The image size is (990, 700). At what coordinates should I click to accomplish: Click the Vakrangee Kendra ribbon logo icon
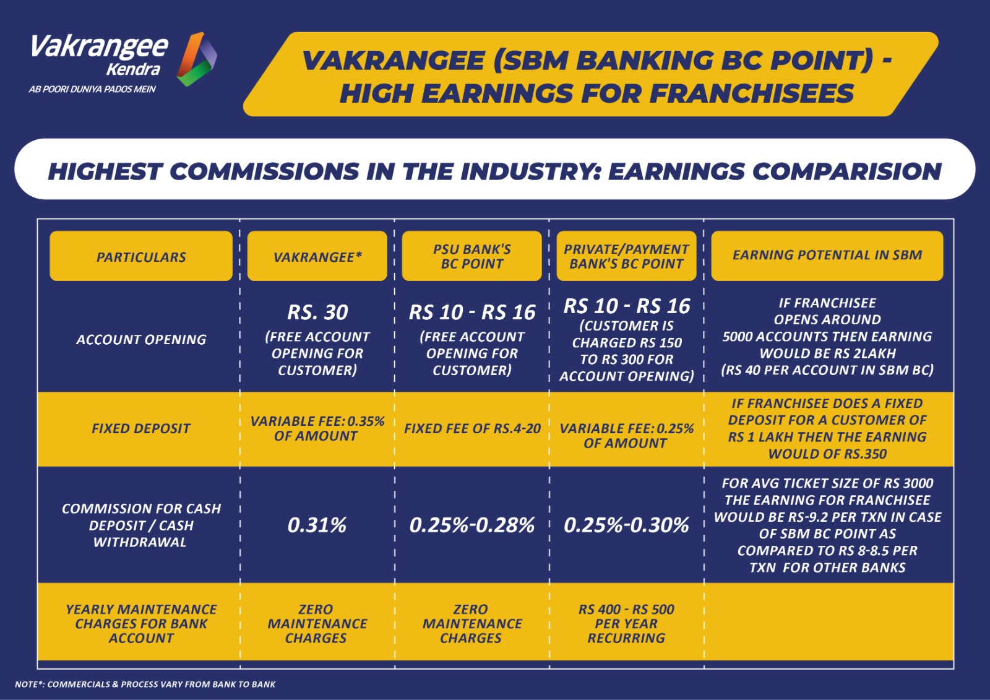pyautogui.click(x=197, y=59)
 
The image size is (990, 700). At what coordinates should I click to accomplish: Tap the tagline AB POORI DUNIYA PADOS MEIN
pyautogui.click(x=92, y=89)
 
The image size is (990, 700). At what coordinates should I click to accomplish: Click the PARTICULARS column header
pyautogui.click(x=141, y=256)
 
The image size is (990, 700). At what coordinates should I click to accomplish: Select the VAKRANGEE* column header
pyautogui.click(x=317, y=256)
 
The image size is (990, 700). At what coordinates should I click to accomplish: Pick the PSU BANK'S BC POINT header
pyautogui.click(x=471, y=256)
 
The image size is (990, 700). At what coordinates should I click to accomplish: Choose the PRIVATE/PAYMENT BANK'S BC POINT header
pyautogui.click(x=626, y=256)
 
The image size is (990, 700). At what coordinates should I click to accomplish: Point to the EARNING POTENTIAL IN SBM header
pyautogui.click(x=827, y=255)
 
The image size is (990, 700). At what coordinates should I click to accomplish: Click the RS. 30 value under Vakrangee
pyautogui.click(x=317, y=312)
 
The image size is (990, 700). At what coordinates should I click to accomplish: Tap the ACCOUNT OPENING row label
pyautogui.click(x=141, y=340)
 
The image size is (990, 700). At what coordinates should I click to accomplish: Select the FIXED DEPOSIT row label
pyautogui.click(x=141, y=428)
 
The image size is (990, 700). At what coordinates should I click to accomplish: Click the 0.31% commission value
pyautogui.click(x=317, y=525)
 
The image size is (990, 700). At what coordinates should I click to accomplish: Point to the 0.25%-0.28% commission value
pyautogui.click(x=471, y=525)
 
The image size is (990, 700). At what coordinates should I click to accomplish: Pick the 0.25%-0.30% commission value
pyautogui.click(x=626, y=525)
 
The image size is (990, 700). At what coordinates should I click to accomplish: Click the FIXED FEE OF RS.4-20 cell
pyautogui.click(x=472, y=428)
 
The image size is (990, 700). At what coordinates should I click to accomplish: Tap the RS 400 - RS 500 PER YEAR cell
pyautogui.click(x=626, y=623)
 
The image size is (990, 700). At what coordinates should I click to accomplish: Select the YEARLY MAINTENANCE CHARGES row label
pyautogui.click(x=141, y=623)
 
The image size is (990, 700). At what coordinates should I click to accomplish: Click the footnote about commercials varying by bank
pyautogui.click(x=145, y=684)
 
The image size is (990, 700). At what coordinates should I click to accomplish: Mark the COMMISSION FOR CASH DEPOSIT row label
pyautogui.click(x=141, y=525)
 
